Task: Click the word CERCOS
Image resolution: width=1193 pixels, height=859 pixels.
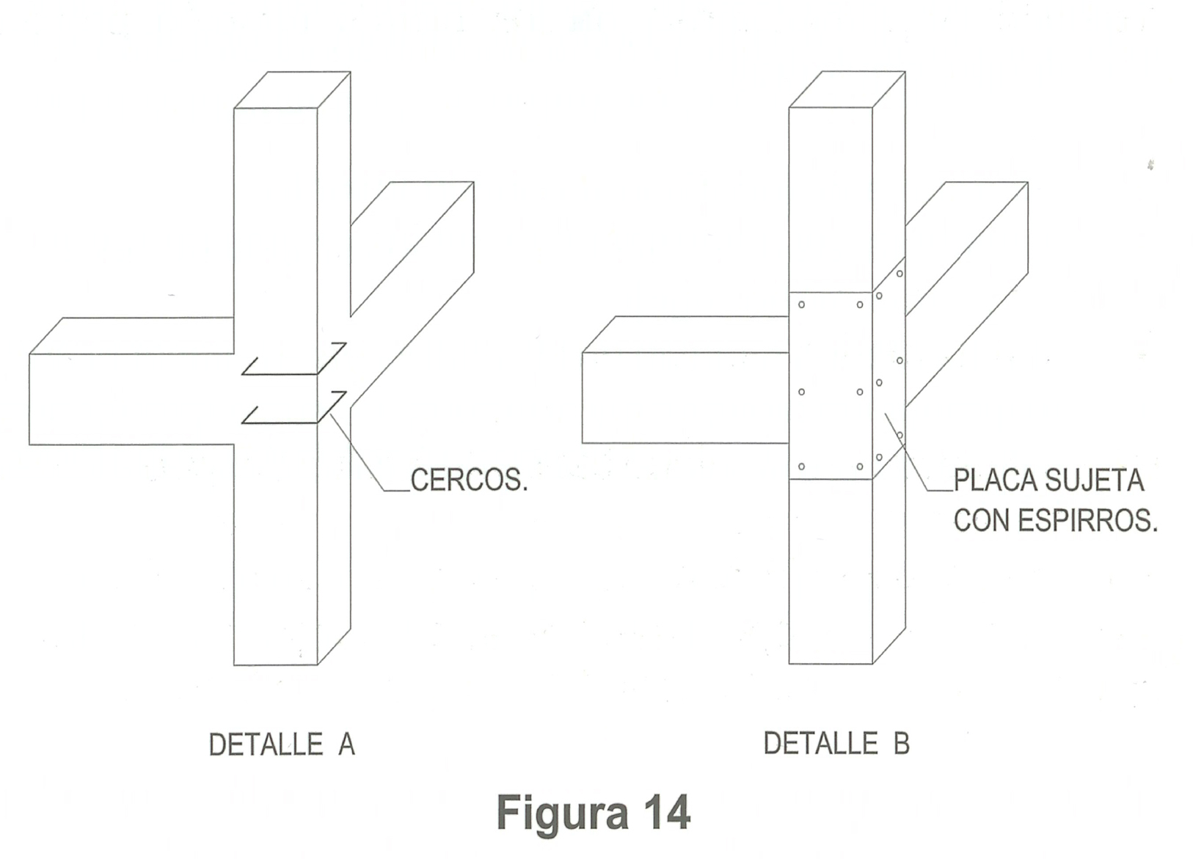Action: pyautogui.click(x=469, y=480)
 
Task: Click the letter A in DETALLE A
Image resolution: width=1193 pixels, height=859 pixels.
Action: pyautogui.click(x=346, y=745)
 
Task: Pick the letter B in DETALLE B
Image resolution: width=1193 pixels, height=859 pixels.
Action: pyautogui.click(x=901, y=744)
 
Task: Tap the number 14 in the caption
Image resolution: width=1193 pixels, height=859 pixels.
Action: pyautogui.click(x=667, y=813)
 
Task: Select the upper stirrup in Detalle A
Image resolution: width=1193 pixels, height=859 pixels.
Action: pyautogui.click(x=293, y=360)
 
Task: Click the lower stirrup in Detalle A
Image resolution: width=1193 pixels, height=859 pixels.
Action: pyautogui.click(x=293, y=409)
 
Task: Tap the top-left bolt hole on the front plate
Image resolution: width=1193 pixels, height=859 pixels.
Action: pyautogui.click(x=801, y=304)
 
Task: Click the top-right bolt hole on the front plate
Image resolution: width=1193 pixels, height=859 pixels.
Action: pyautogui.click(x=860, y=304)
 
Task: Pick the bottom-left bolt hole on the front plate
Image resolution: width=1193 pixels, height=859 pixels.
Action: pyautogui.click(x=801, y=467)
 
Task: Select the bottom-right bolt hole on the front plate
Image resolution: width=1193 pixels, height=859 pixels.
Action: pyautogui.click(x=860, y=467)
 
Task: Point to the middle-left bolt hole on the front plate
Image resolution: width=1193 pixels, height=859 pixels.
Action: pyautogui.click(x=801, y=392)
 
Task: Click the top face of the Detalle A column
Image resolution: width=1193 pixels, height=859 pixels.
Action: pyautogui.click(x=292, y=90)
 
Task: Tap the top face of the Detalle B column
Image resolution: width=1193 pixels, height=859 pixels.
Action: pyautogui.click(x=847, y=89)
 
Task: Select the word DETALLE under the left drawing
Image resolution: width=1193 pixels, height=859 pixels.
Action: pyautogui.click(x=266, y=745)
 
